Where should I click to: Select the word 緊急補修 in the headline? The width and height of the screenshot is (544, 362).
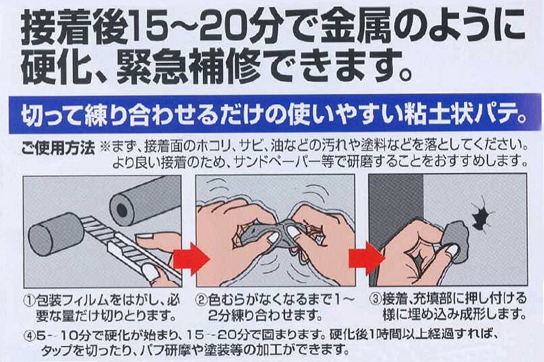pyautogui.click(x=188, y=66)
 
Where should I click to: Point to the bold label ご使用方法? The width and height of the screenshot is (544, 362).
pyautogui.click(x=57, y=148)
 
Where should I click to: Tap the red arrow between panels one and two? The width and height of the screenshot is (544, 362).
pyautogui.click(x=190, y=258)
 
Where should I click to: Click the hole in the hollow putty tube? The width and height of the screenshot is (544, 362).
pyautogui.click(x=122, y=209)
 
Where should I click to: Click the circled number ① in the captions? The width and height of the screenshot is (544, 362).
pyautogui.click(x=29, y=300)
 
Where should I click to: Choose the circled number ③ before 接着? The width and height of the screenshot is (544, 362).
pyautogui.click(x=375, y=299)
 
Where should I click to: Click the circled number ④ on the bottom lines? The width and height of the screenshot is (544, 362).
pyautogui.click(x=29, y=336)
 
